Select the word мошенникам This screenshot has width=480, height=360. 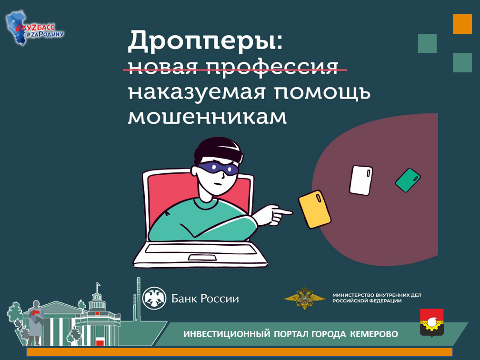pyautogui.click(x=207, y=117)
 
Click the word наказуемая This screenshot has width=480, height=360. pyautogui.click(x=197, y=93)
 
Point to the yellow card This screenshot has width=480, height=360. pyautogui.click(x=315, y=209)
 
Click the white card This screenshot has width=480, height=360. pyautogui.click(x=361, y=180)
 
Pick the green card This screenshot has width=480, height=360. pyautogui.click(x=408, y=180)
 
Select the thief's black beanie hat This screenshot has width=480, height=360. pyautogui.click(x=219, y=150)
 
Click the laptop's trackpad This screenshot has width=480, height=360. pyautogui.click(x=202, y=258)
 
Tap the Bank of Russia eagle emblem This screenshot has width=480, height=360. pyautogui.click(x=154, y=298)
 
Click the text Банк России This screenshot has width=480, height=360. pyautogui.click(x=205, y=299)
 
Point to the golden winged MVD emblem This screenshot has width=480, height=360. pyautogui.click(x=305, y=298)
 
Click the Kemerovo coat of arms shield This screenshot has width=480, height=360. pyautogui.click(x=432, y=323)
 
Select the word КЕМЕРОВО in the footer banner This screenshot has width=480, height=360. pyautogui.click(x=374, y=334)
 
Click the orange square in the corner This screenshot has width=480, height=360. pyautogui.click(x=462, y=24)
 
